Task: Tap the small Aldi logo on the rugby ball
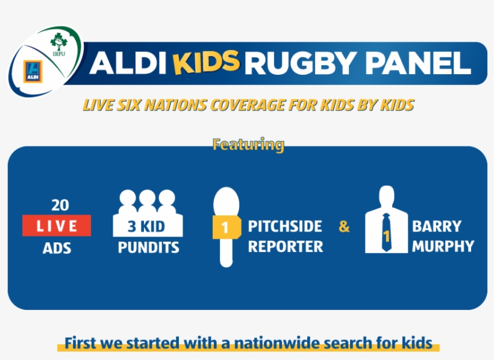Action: coord(31,71)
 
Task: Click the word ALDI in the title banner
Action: coord(124,63)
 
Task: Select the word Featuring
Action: coord(248,144)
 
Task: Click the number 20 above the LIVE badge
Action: coord(60,206)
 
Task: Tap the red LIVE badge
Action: coord(57,226)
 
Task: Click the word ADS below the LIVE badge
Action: coord(57,247)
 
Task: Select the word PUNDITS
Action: coord(148,247)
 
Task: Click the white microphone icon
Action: coord(226,226)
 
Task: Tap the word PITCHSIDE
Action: coord(285,227)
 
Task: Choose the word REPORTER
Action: coord(286,247)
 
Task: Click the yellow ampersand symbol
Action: coord(344,227)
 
